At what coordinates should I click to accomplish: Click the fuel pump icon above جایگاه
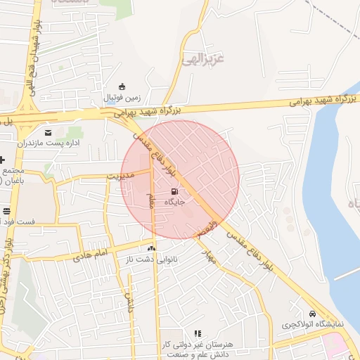pyautogui.click(x=174, y=191)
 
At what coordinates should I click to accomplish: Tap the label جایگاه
pyautogui.click(x=174, y=201)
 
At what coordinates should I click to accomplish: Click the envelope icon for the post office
pyautogui.click(x=48, y=131)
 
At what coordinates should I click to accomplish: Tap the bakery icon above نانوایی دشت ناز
pyautogui.click(x=151, y=248)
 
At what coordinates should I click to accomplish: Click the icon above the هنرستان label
pyautogui.click(x=198, y=333)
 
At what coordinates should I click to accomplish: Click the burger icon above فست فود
pyautogui.click(x=6, y=211)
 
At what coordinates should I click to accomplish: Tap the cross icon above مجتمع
pyautogui.click(x=2, y=160)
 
